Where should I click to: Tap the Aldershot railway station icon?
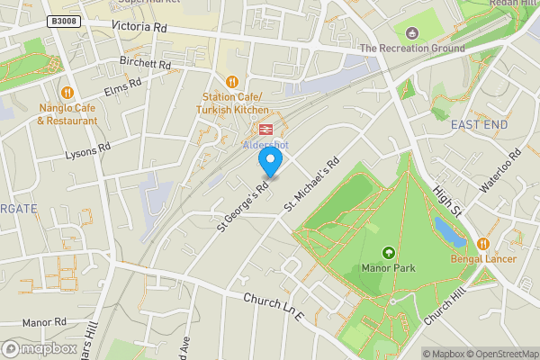[265, 130]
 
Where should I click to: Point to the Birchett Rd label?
[145, 64]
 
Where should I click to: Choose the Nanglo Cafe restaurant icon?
[67, 92]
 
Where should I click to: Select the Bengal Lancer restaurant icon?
[483, 243]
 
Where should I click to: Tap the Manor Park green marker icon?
[389, 253]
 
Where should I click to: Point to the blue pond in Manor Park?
[447, 229]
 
